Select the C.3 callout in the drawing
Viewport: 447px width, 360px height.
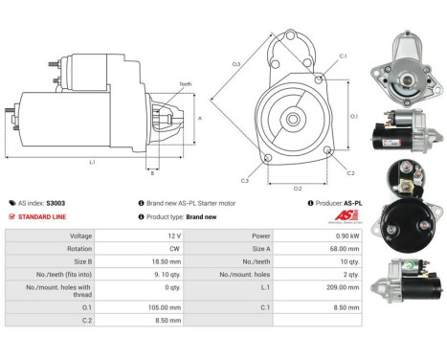pos(245,180)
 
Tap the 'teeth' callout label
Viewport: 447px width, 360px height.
pos(186,84)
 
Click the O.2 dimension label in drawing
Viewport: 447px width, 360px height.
pos(298,188)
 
